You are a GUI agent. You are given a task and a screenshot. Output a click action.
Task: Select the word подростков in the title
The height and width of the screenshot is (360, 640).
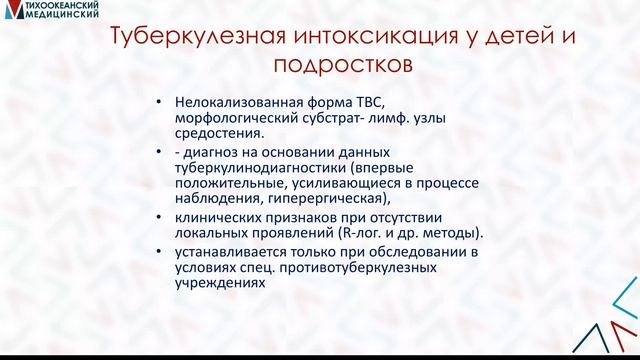click(x=340, y=67)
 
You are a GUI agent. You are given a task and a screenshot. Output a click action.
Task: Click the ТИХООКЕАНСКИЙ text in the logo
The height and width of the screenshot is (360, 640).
click(x=60, y=7)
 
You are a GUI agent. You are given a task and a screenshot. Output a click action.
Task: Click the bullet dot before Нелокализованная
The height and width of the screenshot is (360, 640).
click(x=158, y=101)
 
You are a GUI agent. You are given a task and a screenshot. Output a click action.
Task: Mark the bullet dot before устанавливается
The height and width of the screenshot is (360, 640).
click(x=158, y=249)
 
